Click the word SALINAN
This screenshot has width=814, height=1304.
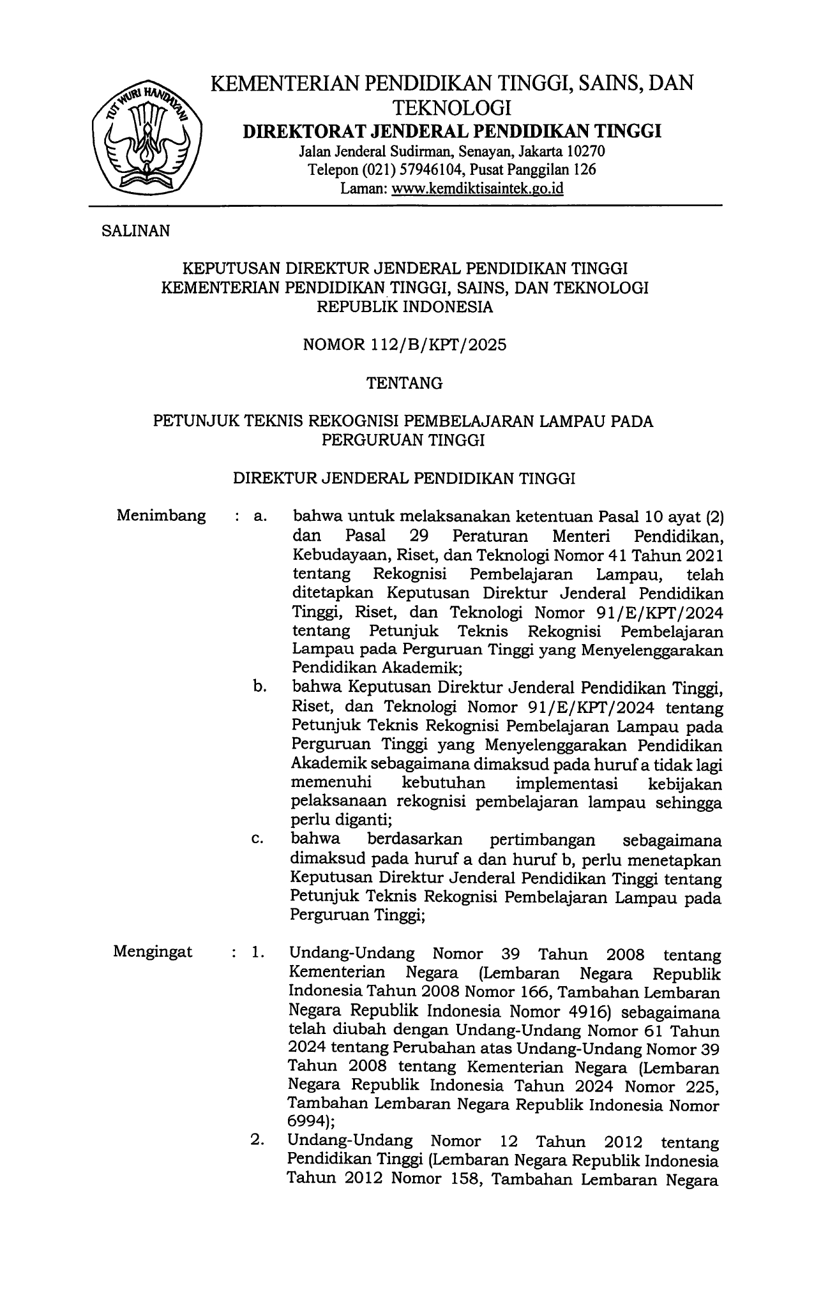point(136,231)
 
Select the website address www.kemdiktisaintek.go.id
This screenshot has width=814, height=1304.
point(478,188)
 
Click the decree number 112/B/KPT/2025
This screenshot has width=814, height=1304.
point(439,345)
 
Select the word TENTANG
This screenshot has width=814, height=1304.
point(405,383)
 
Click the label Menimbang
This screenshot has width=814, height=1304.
point(162,516)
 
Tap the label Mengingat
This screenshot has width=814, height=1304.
point(153,952)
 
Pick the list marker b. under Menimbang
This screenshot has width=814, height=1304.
point(259,687)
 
